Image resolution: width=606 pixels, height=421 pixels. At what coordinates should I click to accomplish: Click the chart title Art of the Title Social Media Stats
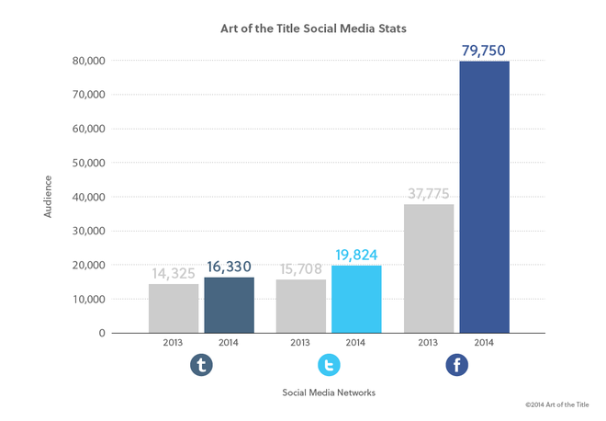313,28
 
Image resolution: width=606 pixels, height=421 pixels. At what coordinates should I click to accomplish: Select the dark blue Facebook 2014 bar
484,197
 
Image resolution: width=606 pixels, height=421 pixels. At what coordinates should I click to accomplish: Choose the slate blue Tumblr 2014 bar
229,304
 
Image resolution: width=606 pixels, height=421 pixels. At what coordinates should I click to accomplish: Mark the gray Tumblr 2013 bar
174,308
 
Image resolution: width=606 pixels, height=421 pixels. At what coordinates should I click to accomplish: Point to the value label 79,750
484,50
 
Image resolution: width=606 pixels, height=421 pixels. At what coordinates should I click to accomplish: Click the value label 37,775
429,193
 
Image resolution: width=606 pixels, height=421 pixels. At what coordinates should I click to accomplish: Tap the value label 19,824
356,255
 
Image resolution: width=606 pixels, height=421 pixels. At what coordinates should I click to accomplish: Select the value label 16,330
229,267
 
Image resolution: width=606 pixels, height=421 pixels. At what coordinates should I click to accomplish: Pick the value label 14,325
174,273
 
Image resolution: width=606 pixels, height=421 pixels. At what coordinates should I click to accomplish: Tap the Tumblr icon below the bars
201,366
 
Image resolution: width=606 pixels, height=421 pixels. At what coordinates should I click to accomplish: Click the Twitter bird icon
329,366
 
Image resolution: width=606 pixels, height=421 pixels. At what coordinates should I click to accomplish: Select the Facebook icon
456,366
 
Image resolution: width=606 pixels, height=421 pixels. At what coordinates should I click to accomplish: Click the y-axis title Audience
47,197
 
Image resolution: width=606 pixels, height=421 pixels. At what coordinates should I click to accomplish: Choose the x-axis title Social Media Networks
328,393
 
